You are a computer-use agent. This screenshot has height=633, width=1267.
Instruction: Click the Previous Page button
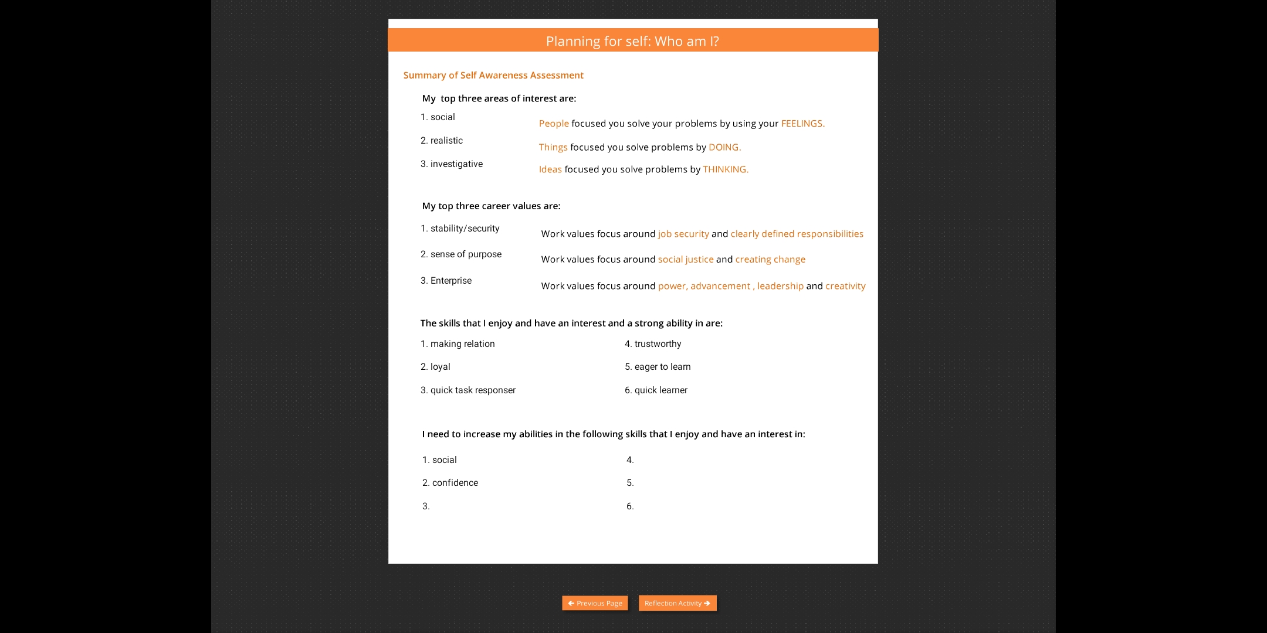(x=595, y=603)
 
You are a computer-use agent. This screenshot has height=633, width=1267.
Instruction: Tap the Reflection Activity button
(x=677, y=603)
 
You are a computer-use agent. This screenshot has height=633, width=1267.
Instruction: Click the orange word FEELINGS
(x=802, y=124)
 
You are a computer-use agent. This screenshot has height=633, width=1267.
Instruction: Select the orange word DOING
(x=724, y=147)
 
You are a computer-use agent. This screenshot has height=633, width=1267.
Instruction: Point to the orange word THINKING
(x=726, y=169)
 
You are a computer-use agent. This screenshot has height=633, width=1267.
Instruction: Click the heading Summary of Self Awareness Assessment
(x=493, y=75)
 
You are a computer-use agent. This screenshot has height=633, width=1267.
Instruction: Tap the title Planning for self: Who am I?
(x=632, y=41)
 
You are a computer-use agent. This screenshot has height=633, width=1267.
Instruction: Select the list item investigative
(x=456, y=164)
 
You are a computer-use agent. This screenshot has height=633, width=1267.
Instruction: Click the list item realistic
(x=446, y=141)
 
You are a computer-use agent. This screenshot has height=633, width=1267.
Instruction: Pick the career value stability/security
(x=465, y=229)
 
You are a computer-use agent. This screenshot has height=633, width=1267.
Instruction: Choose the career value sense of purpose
(x=466, y=254)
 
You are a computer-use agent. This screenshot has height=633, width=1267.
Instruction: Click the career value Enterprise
(x=450, y=281)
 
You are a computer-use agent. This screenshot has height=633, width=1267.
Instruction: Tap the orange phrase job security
(x=683, y=234)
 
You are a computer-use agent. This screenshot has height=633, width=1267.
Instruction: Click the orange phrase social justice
(x=686, y=259)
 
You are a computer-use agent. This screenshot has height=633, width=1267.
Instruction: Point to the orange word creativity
(x=845, y=286)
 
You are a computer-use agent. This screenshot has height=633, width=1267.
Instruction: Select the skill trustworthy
(x=658, y=344)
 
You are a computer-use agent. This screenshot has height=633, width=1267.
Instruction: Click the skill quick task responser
(x=473, y=390)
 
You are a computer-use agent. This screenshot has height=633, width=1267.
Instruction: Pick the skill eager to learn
(x=662, y=367)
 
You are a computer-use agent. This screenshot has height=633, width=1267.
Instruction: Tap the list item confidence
(x=455, y=483)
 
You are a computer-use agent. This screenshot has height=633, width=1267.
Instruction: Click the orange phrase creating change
(x=770, y=259)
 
